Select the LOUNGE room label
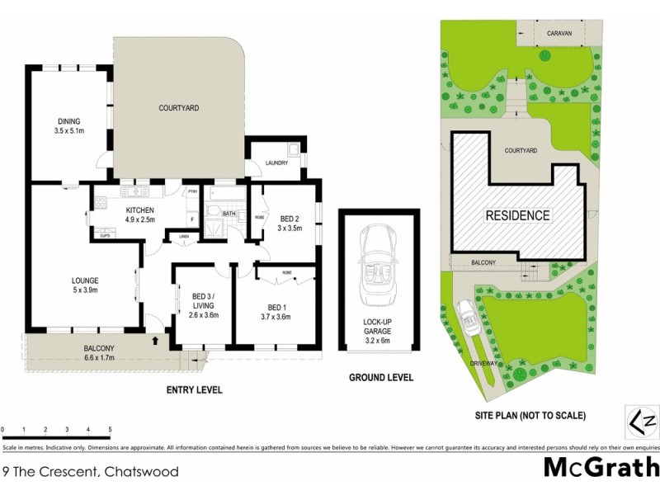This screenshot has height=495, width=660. click(85, 285)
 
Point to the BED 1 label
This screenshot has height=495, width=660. click(275, 310)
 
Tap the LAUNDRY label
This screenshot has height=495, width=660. click(276, 163)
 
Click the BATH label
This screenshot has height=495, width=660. click(229, 213)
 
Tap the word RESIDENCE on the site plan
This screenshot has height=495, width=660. click(516, 216)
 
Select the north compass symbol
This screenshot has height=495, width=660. click(644, 422)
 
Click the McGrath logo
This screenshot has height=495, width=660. click(600, 469)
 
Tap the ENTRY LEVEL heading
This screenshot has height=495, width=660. click(194, 389)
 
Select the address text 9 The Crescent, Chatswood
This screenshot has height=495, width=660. click(90, 473)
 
